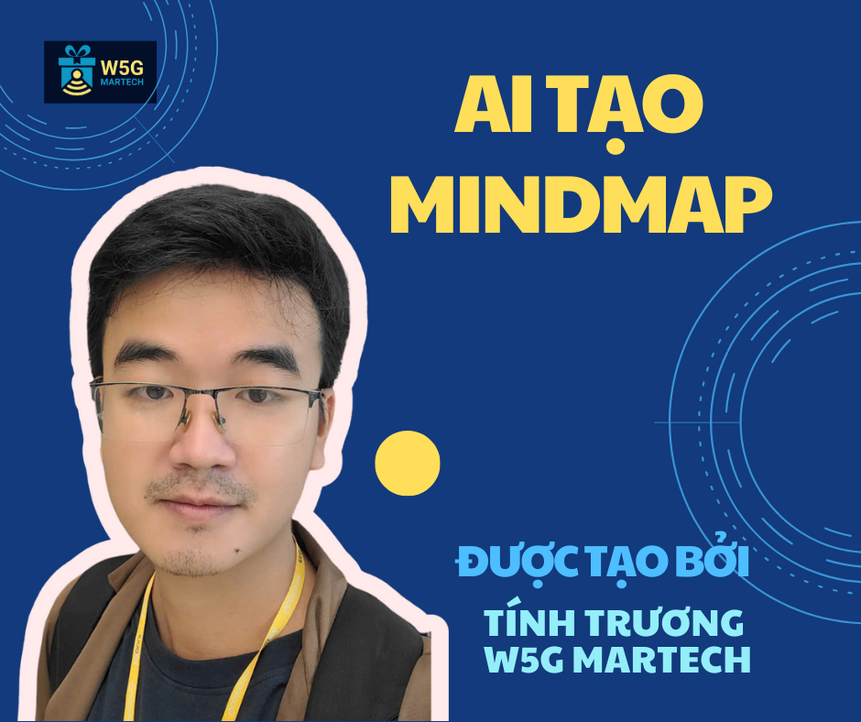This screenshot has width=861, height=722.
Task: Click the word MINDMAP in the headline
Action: click(x=581, y=204)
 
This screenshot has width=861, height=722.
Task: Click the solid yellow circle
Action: click(x=408, y=464)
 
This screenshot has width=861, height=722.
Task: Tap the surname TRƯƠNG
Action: click(x=664, y=622)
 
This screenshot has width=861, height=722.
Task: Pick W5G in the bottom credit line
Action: click(x=525, y=660)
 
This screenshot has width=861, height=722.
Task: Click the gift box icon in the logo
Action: click(x=77, y=71)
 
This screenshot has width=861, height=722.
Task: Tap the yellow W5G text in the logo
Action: click(x=122, y=68)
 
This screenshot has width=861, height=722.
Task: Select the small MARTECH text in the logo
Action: click(x=122, y=82)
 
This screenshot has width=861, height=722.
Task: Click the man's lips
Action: click(x=197, y=506)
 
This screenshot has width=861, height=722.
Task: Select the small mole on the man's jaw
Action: click(x=238, y=550)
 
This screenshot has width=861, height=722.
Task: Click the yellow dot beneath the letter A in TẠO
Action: click(x=616, y=147)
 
